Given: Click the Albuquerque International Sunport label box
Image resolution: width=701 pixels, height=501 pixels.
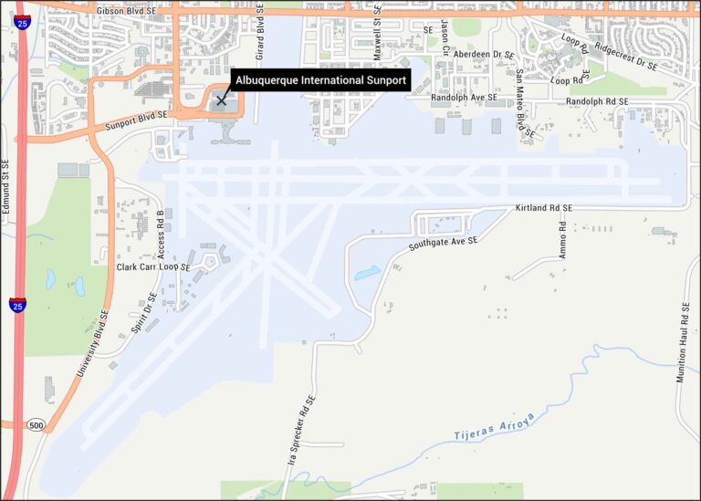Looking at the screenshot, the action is point(320,80).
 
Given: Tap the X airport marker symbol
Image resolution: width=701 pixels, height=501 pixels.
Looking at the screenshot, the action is point(221,100).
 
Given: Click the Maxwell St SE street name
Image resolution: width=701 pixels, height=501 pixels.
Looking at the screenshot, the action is point(377,35).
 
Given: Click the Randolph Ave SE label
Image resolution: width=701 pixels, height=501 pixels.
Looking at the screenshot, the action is point(465,98).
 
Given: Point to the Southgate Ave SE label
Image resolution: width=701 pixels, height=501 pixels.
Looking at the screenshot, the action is point(444,243).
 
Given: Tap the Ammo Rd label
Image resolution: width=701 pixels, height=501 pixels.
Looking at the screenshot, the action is point(564,240).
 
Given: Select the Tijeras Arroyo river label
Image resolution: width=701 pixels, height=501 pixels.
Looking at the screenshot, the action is point(494,427).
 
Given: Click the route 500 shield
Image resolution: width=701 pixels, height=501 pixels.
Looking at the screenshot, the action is point(36,425).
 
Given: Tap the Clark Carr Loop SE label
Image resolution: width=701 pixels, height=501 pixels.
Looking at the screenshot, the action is point(153,267).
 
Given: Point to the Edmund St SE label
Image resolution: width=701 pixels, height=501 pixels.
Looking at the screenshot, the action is point(6,186).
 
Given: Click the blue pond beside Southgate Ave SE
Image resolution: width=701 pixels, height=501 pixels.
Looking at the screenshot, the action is point(368,272).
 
